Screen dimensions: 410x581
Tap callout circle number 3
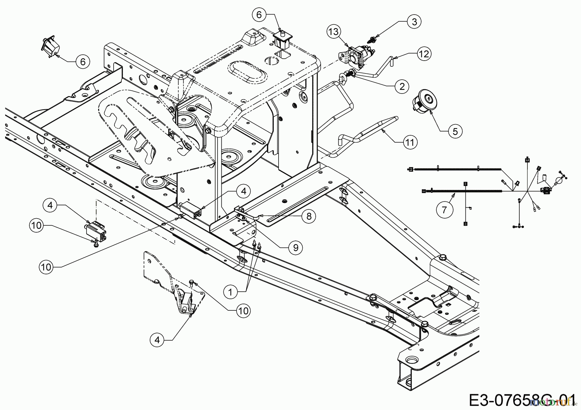click(414, 22)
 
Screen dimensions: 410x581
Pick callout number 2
click(402, 86)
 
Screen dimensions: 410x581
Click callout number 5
click(455, 131)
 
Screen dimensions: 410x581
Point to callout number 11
click(410, 142)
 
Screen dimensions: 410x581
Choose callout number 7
click(444, 210)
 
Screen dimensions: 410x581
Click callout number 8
click(309, 216)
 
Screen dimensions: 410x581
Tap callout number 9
click(296, 248)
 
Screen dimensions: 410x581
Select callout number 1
click(230, 292)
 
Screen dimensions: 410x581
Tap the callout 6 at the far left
click(83, 62)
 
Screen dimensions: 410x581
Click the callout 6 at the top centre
click(261, 15)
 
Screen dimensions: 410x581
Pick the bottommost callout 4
click(157, 340)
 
